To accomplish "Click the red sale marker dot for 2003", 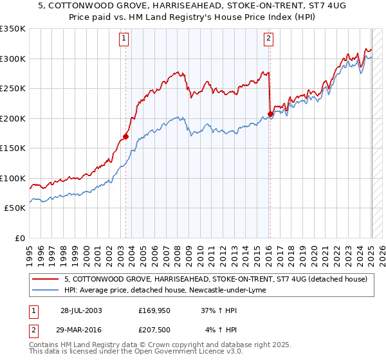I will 126,136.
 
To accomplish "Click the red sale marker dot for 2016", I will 270,114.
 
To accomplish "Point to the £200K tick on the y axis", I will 14,118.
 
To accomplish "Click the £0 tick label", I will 20,238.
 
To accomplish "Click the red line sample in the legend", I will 46,279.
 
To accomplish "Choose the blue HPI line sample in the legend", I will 46,290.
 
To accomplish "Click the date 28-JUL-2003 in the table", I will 81,310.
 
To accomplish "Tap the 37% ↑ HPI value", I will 217,310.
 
